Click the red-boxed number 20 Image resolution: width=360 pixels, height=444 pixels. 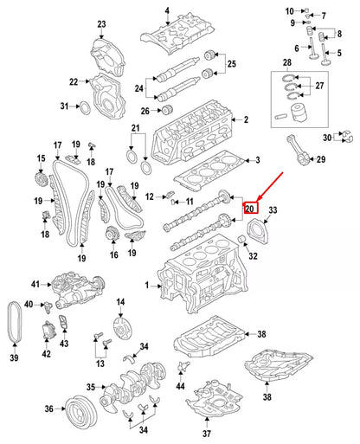pos(250,209)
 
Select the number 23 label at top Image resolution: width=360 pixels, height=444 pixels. pos(101,23)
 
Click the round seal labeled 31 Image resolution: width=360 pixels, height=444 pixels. pos(85,107)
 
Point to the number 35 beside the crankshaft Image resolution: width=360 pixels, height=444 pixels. pos(91,388)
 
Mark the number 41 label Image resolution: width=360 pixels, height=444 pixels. pos(36,284)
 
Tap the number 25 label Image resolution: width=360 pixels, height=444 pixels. pos(231,65)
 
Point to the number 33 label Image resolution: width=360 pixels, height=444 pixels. pos(274,211)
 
